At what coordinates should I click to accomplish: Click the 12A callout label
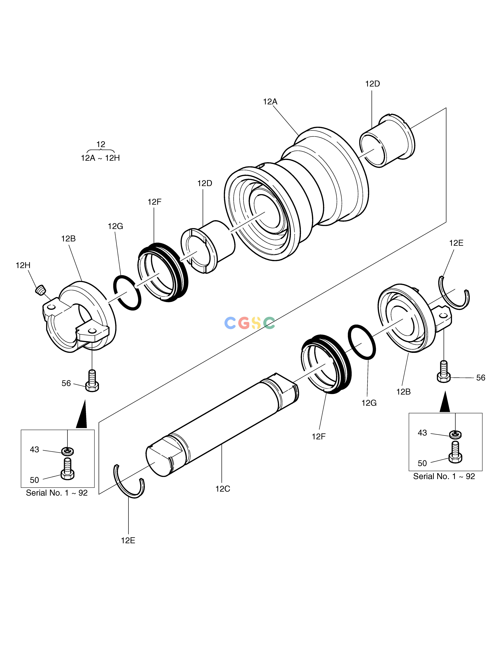(x=270, y=102)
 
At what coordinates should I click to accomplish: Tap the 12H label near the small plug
(x=23, y=265)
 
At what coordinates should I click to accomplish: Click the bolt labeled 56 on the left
(x=92, y=381)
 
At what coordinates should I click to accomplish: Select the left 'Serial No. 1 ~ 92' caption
(x=57, y=493)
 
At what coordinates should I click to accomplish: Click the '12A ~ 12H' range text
(x=101, y=158)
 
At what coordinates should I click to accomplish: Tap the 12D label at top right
(x=373, y=84)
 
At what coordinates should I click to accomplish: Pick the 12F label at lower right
(x=319, y=437)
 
